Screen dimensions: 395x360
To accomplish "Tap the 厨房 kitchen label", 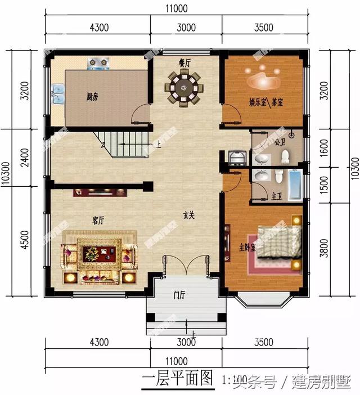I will tap(92, 97).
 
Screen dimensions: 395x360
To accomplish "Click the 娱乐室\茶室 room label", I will tap(266, 103).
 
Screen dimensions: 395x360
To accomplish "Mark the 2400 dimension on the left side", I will tap(10, 158).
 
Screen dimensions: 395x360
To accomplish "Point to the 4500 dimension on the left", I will tap(10, 241).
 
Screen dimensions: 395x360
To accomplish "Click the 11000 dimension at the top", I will tap(177, 8).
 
